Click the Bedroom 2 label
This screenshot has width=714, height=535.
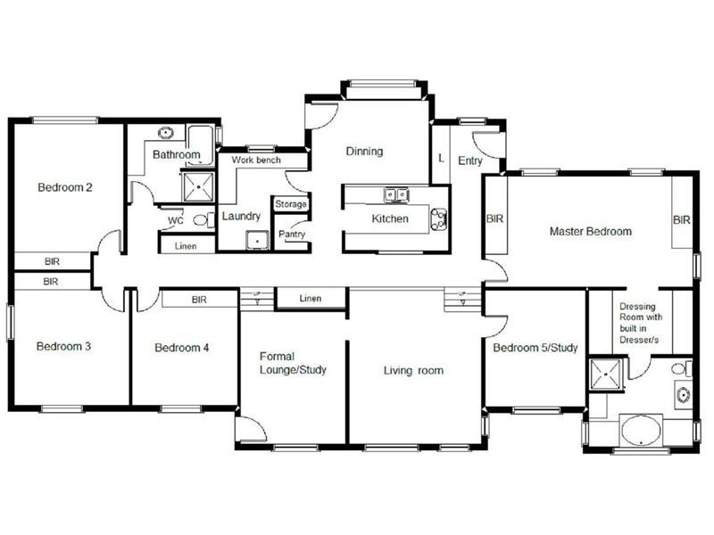point(65,187)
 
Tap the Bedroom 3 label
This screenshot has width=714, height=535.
point(63,346)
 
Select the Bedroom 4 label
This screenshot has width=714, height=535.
point(181,348)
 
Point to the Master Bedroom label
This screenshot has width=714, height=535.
point(590,232)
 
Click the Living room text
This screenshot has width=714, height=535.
point(413,370)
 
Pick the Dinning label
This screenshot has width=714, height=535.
point(364,152)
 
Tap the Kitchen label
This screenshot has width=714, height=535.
point(390,218)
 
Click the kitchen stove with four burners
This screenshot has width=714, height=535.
point(439,218)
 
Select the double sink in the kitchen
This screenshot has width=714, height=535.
point(395,193)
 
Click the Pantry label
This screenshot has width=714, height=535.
point(292,235)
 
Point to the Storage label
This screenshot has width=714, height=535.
point(291,204)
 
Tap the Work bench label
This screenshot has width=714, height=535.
point(256,160)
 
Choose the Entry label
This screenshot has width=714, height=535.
point(470,161)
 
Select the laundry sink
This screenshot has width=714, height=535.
point(257,239)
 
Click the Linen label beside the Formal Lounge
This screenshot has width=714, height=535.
point(311,298)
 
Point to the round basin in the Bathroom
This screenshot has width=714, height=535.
point(165,134)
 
